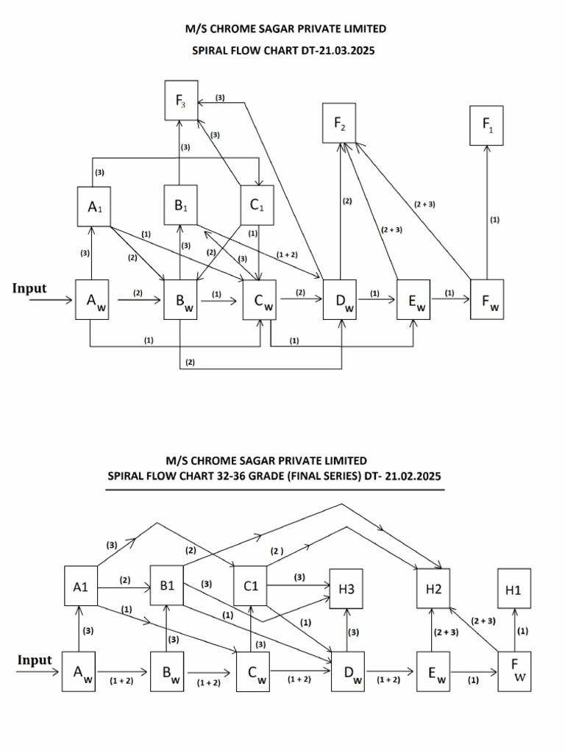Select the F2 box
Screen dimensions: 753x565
[x=340, y=124]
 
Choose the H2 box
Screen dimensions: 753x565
[x=433, y=589]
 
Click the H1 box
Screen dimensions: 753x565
[x=514, y=589]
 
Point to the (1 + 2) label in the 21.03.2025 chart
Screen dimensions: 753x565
[x=288, y=254]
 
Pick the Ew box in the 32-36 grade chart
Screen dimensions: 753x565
[x=433, y=671]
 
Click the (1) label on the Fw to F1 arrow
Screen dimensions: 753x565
[x=494, y=219]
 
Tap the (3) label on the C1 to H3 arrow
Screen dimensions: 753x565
[x=299, y=577]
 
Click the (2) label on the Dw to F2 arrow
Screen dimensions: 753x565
[x=347, y=201]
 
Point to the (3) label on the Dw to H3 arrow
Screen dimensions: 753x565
[x=353, y=632]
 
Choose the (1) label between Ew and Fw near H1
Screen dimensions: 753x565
[x=473, y=680]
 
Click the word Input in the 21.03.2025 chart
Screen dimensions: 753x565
[x=29, y=288]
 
